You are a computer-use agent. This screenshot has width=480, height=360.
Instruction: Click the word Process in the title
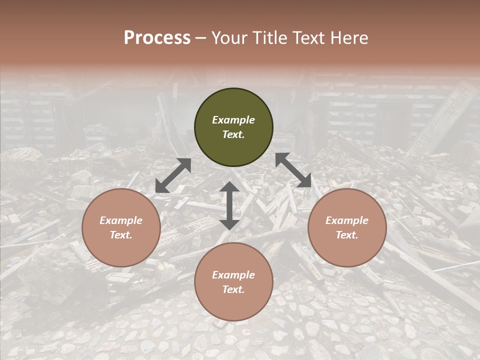click(157, 38)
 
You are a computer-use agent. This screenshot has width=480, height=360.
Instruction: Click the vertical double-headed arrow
click(229, 205)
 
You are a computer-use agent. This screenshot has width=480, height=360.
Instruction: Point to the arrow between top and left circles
click(173, 175)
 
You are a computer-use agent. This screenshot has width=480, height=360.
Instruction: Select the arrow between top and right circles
click(293, 170)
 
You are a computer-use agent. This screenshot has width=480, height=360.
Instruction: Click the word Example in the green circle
click(233, 120)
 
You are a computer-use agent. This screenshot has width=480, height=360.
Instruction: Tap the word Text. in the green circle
click(233, 134)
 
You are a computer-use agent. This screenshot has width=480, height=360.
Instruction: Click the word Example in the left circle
click(121, 220)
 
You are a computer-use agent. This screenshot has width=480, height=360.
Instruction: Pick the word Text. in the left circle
click(121, 235)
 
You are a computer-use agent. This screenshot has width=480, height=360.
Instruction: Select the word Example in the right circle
click(347, 220)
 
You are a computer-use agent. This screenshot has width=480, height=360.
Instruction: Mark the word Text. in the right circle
click(347, 235)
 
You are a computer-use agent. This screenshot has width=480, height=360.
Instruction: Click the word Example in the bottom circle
click(233, 275)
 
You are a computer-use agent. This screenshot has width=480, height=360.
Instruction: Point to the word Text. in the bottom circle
click(233, 289)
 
